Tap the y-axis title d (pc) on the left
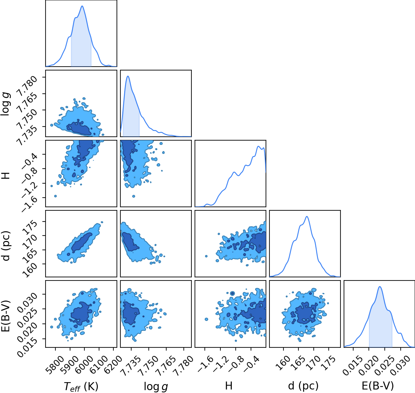pos(6,244)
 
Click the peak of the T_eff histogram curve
pos(82,6)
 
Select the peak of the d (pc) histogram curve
pos(307,216)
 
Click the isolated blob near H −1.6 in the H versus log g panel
pos(133,196)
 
